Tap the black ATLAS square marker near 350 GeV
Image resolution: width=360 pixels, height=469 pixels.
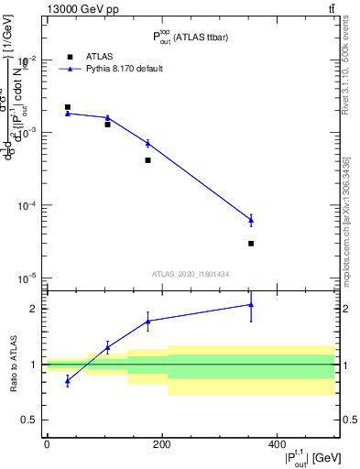click(251, 244)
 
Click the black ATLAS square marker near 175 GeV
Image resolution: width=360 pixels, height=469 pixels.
click(147, 160)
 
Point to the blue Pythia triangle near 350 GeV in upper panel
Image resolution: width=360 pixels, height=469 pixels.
click(251, 219)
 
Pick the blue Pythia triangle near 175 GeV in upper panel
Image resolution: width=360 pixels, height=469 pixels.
click(147, 143)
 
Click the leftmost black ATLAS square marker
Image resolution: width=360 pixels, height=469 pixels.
click(67, 107)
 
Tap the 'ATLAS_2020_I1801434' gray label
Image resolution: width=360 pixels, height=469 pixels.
click(190, 274)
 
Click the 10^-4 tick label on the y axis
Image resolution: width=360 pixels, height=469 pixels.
click(27, 205)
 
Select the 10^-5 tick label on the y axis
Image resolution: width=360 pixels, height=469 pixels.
click(27, 278)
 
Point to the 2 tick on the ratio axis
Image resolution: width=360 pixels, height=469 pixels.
click(34, 309)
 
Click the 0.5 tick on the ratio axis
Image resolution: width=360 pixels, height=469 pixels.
click(30, 420)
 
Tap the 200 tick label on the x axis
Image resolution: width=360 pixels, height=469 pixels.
click(161, 443)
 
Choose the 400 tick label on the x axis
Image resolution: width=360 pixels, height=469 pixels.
click(277, 443)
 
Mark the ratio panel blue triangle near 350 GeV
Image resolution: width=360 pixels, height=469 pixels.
click(251, 305)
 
